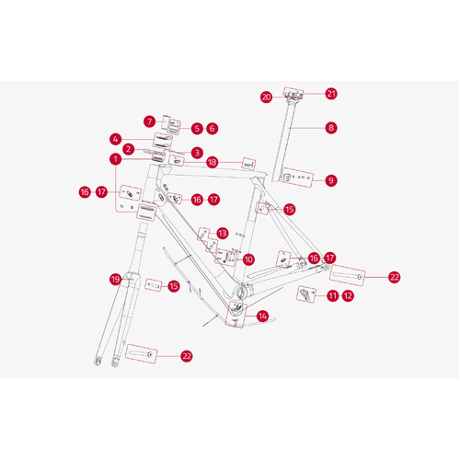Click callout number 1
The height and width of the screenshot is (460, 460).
[x=115, y=159]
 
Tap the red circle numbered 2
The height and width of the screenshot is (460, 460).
[x=129, y=149]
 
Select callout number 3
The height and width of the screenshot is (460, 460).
[x=197, y=153]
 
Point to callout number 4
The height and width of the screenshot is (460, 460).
[x=115, y=140]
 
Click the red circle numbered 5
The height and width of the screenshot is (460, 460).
[x=197, y=129]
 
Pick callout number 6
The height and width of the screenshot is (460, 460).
[x=213, y=129]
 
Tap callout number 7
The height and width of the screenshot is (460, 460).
[x=149, y=121]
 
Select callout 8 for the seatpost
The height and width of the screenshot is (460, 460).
[x=331, y=128]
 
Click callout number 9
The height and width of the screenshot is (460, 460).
[x=331, y=180]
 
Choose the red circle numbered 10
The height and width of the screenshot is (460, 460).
[x=248, y=259]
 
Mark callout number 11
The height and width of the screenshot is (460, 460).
[x=332, y=296]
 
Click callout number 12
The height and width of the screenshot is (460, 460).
[x=348, y=296]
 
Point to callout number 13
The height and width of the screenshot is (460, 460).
[x=223, y=234]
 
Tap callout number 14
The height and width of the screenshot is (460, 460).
[x=263, y=316]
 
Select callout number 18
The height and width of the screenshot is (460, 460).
[x=213, y=162]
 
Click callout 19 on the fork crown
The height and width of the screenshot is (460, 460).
[x=115, y=280]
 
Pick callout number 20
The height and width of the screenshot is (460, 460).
[x=266, y=98]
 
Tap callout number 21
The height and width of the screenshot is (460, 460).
[x=331, y=94]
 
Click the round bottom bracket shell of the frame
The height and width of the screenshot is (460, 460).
[x=241, y=293]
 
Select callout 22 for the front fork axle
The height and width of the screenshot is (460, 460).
[x=187, y=356]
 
